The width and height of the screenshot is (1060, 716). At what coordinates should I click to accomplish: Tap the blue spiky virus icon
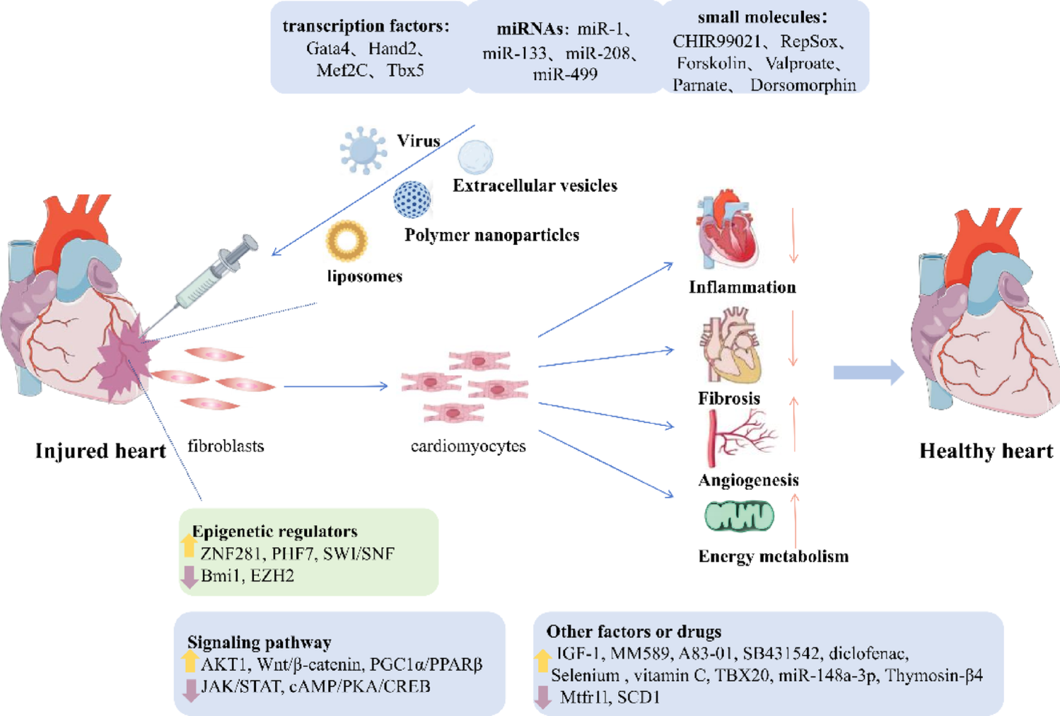[363, 150]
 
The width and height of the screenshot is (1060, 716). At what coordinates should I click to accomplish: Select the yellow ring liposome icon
[346, 241]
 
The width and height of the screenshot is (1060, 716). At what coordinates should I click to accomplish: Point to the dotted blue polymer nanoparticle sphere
[412, 199]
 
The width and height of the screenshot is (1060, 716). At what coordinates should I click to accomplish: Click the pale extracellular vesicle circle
[475, 157]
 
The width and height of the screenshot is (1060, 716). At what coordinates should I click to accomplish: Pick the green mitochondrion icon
[739, 516]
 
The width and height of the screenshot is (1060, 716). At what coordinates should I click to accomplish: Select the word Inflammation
[742, 287]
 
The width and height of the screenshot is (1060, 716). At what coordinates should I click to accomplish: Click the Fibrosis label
[728, 398]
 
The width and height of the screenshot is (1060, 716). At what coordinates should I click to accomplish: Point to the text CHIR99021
[716, 42]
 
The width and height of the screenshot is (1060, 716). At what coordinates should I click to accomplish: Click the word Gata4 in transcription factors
[327, 49]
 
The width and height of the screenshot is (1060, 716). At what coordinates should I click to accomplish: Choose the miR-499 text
[565, 74]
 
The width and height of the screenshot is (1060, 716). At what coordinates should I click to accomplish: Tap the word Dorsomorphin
[803, 86]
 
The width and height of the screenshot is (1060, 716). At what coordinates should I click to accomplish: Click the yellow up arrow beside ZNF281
[189, 545]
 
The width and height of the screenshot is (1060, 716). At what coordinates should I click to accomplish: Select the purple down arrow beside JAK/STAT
[190, 690]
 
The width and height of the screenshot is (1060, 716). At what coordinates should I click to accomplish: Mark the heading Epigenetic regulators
[274, 531]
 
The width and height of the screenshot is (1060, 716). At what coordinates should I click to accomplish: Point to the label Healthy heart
[986, 451]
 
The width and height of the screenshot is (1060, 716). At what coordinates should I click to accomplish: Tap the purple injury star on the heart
[125, 357]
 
